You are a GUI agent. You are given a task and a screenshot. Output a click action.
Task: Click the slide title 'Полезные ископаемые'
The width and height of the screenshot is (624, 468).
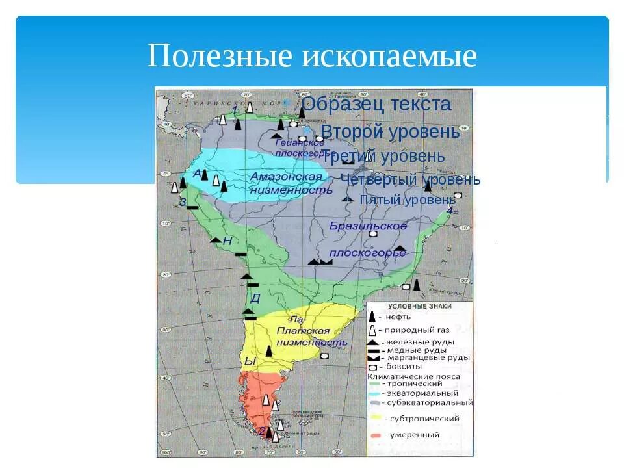[312, 57]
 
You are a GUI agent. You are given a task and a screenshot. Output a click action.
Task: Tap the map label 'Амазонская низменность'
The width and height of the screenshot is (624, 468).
[287, 185]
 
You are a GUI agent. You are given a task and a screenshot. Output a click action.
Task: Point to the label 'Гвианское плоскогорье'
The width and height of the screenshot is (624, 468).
[300, 148]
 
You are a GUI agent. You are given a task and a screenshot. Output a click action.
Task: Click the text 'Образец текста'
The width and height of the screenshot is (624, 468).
[376, 104]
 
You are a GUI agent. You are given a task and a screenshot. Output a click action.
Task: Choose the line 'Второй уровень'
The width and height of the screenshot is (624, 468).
[390, 132]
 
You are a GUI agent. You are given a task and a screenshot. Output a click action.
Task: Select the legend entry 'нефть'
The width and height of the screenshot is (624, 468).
[396, 318]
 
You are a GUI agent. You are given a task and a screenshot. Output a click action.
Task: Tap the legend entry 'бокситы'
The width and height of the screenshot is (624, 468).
[404, 367]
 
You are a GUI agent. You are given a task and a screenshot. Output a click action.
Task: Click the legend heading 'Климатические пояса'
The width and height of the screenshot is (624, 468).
[413, 376]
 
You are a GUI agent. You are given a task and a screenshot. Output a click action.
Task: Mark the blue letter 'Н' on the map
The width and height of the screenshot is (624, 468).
[227, 241]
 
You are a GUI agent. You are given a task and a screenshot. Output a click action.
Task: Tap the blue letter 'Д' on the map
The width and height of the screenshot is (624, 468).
[255, 298]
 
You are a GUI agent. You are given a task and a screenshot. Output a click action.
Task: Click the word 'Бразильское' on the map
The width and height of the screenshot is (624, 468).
[368, 227]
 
